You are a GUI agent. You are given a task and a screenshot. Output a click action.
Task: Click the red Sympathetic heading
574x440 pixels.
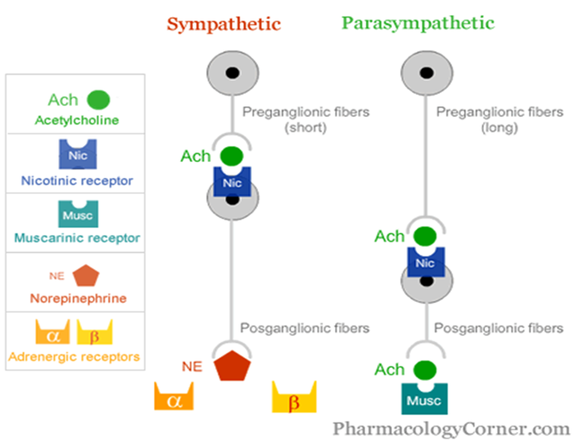224,23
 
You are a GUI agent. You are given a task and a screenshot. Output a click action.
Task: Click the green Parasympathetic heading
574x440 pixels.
418,23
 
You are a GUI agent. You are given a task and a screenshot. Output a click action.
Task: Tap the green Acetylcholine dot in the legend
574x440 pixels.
98,100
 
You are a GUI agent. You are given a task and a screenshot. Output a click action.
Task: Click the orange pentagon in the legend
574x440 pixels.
85,276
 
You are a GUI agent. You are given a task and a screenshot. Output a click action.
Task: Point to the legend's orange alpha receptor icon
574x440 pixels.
53,333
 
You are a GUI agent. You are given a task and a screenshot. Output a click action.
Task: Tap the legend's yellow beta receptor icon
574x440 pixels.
94,333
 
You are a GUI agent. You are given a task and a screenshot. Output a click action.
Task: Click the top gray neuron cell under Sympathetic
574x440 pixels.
232,70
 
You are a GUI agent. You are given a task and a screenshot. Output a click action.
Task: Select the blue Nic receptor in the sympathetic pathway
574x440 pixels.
232,182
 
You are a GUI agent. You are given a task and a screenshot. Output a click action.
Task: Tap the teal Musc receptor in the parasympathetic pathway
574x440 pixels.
425,398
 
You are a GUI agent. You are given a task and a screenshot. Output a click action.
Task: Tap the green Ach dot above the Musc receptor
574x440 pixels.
425,370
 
